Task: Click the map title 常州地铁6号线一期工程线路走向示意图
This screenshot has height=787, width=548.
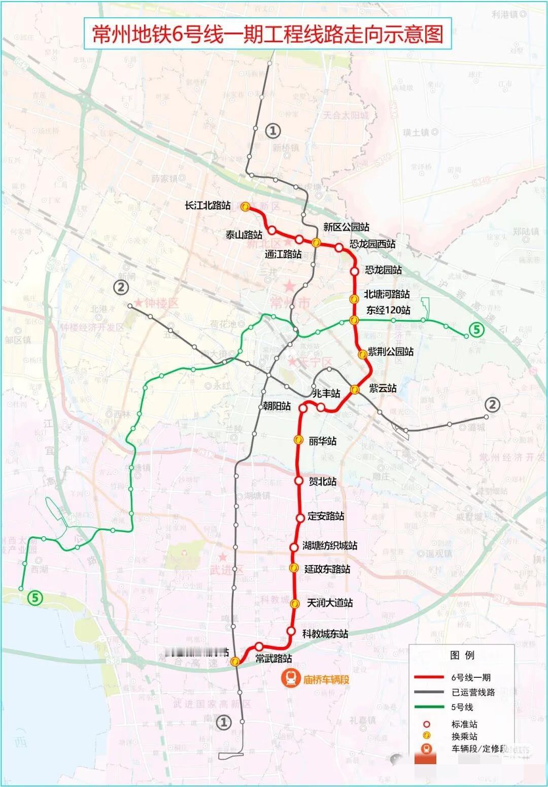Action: (x=267, y=34)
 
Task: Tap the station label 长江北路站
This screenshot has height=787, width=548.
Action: (x=208, y=206)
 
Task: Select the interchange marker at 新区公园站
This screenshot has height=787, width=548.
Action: (x=316, y=242)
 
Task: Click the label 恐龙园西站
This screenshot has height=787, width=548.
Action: (x=372, y=244)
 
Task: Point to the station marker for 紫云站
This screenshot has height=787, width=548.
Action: (x=355, y=389)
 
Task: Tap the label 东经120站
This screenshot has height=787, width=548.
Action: (x=388, y=310)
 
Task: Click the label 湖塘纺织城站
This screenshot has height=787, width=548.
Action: (x=330, y=545)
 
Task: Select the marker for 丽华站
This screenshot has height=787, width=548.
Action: (x=298, y=440)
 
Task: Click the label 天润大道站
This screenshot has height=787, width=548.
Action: (x=330, y=603)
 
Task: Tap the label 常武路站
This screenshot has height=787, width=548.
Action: (x=273, y=659)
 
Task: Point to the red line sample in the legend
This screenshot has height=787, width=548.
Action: (x=429, y=677)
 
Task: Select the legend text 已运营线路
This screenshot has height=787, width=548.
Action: (x=473, y=692)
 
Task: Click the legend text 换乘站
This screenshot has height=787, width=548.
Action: (x=464, y=736)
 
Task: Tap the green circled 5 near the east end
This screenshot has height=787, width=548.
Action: (x=476, y=330)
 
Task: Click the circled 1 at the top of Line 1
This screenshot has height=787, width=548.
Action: (x=272, y=131)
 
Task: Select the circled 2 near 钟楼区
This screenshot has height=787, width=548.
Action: (x=121, y=287)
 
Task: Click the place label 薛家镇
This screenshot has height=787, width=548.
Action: (x=164, y=178)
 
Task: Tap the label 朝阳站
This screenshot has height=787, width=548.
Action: (x=277, y=406)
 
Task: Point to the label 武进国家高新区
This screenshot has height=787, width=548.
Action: (x=212, y=704)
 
